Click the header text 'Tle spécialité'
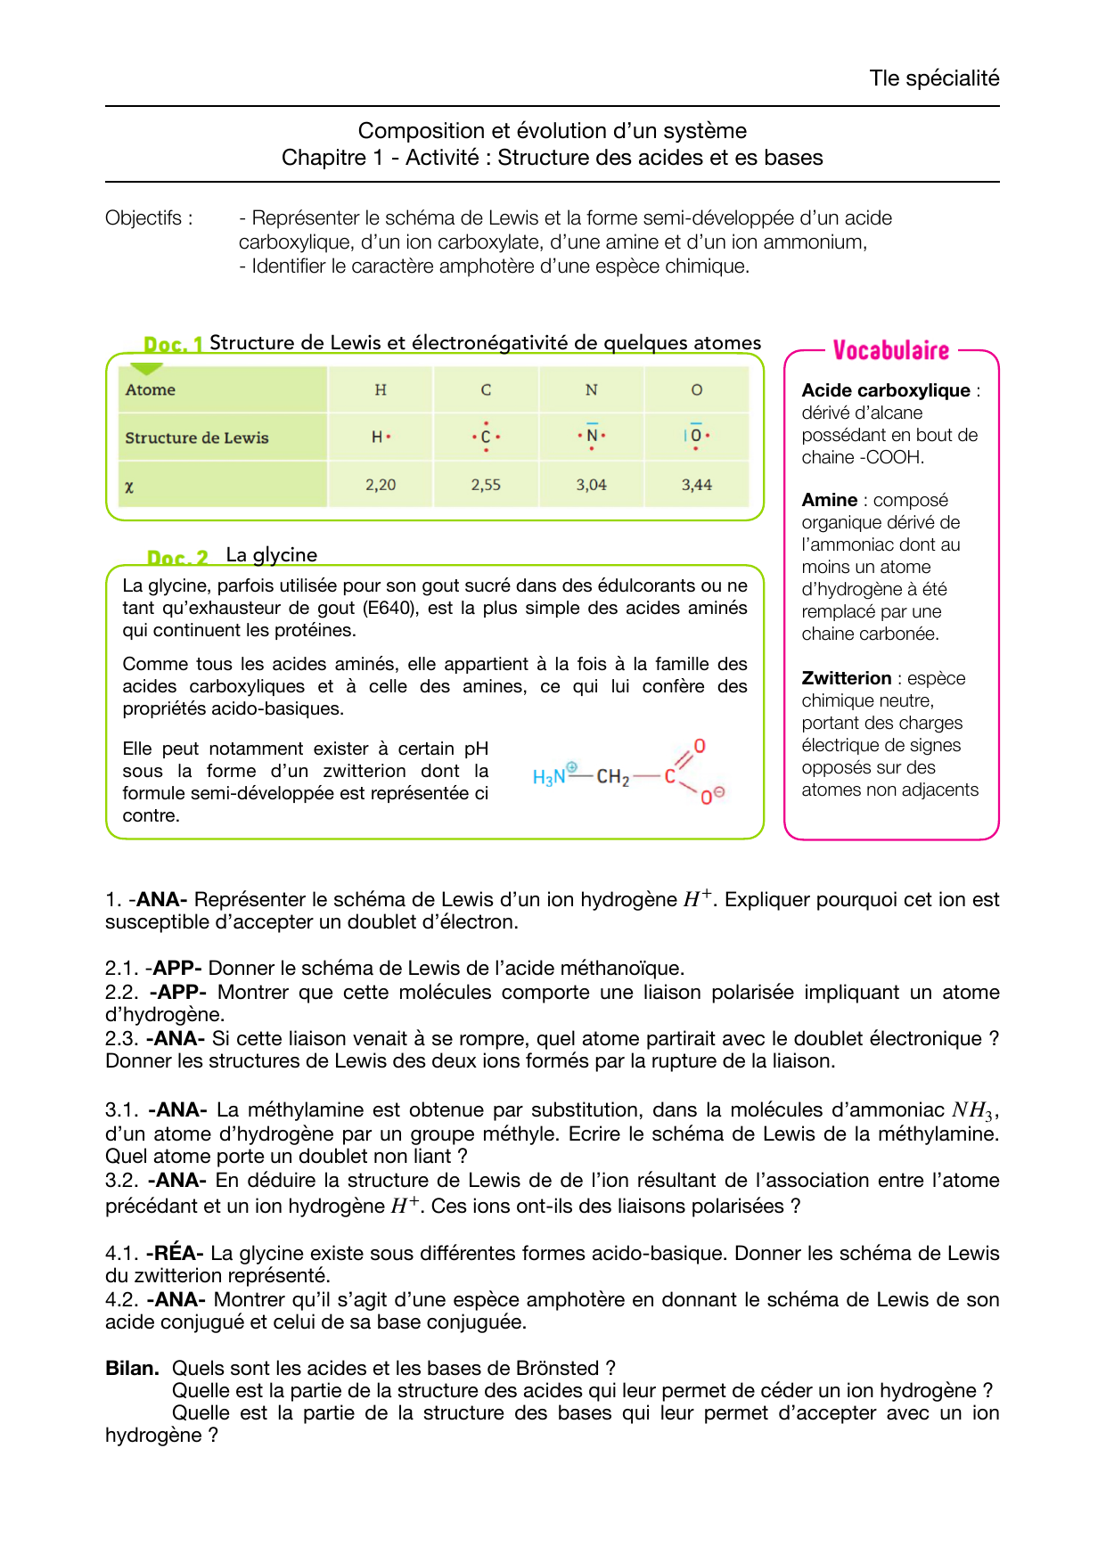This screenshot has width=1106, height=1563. [x=934, y=78]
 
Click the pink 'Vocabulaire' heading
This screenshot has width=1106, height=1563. [x=890, y=350]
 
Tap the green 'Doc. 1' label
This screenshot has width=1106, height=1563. [x=173, y=344]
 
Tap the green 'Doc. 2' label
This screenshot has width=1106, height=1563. [x=177, y=558]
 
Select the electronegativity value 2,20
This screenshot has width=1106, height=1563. [x=381, y=485]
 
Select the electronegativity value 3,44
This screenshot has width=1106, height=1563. [x=696, y=485]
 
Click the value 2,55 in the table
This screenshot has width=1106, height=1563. [x=486, y=485]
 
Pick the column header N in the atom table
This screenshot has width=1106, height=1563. [x=591, y=389]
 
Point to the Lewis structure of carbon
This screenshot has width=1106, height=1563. [x=486, y=437]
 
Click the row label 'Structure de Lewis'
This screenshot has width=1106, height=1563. [x=197, y=438]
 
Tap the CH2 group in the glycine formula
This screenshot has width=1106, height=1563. [x=613, y=777]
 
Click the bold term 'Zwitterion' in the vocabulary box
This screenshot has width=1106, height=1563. [x=846, y=678]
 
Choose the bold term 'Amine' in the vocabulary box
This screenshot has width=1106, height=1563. [x=829, y=500]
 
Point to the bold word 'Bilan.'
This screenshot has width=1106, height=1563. [x=132, y=1368]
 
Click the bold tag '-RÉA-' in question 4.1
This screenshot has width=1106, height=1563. [x=175, y=1253]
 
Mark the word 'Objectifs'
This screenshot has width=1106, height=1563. [x=143, y=218]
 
